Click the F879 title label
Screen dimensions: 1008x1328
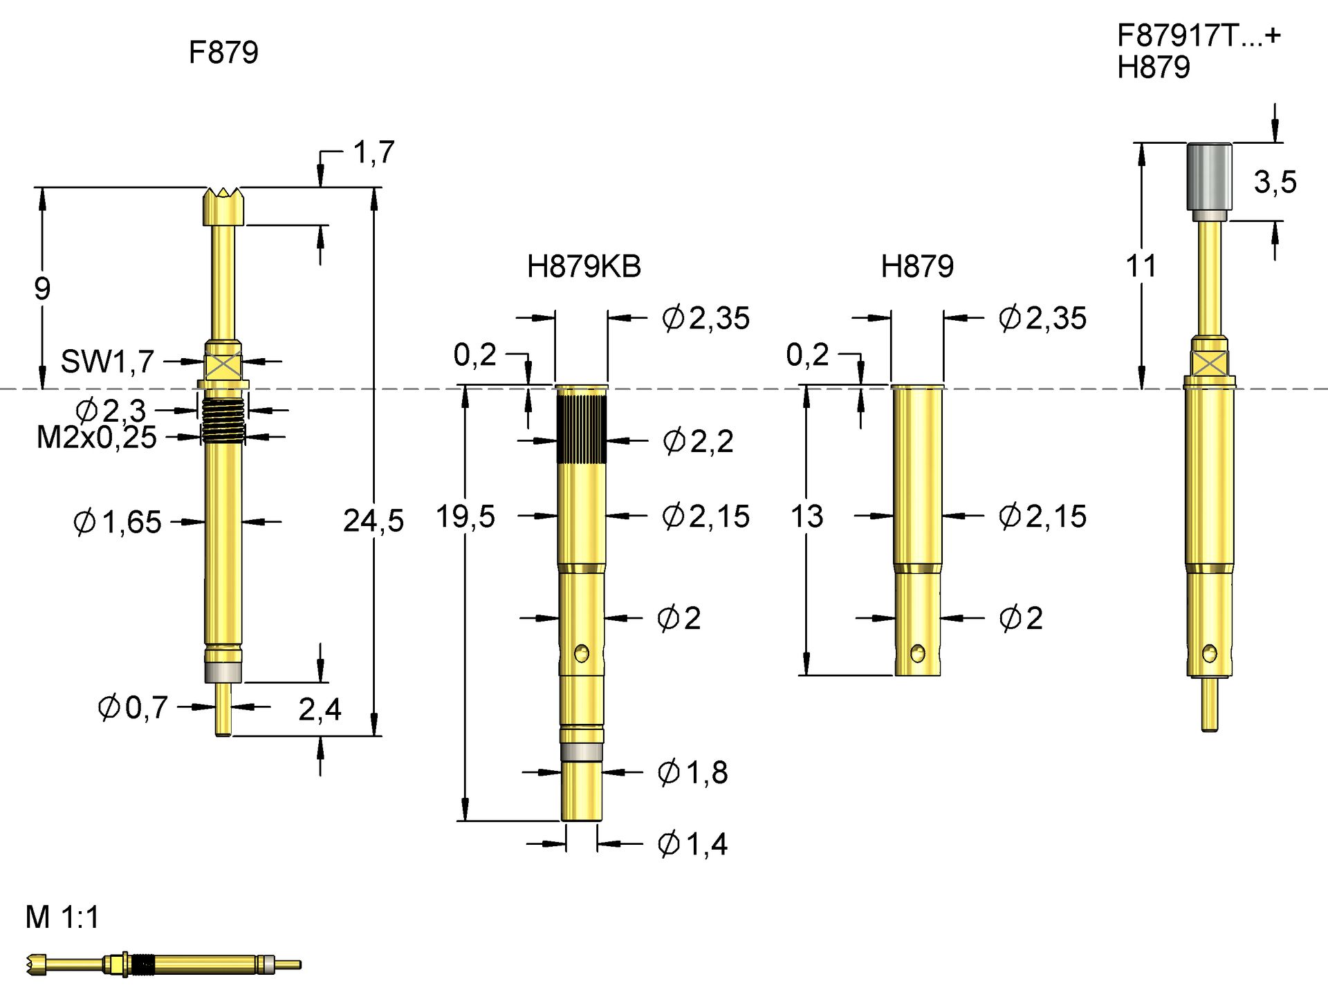[223, 53]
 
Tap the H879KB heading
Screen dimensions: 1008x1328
[584, 267]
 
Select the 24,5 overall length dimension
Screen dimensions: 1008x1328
[373, 521]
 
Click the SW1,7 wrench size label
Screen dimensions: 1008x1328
[107, 362]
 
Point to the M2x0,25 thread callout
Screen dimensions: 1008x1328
[97, 438]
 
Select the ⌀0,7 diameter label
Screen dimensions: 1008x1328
[133, 707]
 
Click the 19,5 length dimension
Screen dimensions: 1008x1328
[465, 516]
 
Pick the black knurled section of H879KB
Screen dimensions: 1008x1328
[581, 429]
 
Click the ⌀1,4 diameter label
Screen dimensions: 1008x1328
[692, 844]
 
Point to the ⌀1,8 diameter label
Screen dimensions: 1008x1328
[692, 772]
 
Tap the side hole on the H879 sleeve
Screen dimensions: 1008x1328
[917, 653]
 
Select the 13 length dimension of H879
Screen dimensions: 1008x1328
[806, 516]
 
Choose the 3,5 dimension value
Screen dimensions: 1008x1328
[1275, 182]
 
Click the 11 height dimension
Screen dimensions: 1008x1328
[1141, 266]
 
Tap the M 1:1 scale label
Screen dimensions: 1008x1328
[62, 917]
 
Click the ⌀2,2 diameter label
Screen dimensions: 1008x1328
[698, 441]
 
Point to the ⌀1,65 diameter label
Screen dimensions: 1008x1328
[118, 522]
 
